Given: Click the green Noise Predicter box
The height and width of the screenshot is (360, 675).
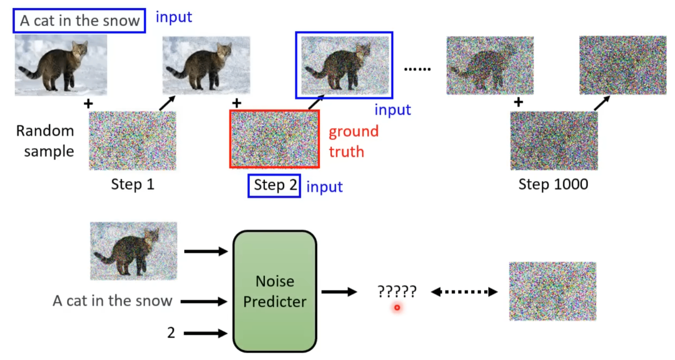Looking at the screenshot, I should click(275, 291).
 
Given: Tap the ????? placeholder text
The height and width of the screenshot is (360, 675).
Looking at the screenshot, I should click(397, 291).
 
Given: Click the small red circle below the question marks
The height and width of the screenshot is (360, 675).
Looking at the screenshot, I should click(397, 308).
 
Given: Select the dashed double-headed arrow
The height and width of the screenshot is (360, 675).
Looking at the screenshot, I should click(464, 292).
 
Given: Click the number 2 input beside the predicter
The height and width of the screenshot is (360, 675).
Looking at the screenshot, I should click(171, 333).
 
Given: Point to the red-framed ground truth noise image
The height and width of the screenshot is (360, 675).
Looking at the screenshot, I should click(274, 139).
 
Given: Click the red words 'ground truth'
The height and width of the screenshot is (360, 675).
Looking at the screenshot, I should click(354, 141).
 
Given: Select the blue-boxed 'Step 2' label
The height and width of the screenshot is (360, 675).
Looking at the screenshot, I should click(274, 185).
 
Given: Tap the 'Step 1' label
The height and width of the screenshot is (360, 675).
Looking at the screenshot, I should click(133, 184).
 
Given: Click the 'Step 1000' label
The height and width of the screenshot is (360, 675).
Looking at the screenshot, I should click(553, 184).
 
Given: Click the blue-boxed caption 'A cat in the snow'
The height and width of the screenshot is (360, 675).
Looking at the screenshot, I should click(79, 21).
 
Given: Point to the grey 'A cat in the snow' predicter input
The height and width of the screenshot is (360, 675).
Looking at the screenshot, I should click(113, 301).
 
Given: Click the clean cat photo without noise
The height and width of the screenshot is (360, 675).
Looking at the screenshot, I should click(60, 65).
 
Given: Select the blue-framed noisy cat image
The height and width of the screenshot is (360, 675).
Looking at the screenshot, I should click(343, 65).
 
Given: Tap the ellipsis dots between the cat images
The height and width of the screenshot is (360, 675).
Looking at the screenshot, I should click(418, 69).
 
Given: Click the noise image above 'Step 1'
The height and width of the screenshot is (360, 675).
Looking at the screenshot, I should click(132, 140).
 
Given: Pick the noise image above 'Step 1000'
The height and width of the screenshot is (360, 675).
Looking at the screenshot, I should click(554, 140).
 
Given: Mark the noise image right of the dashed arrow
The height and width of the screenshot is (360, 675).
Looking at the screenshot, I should click(552, 291).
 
